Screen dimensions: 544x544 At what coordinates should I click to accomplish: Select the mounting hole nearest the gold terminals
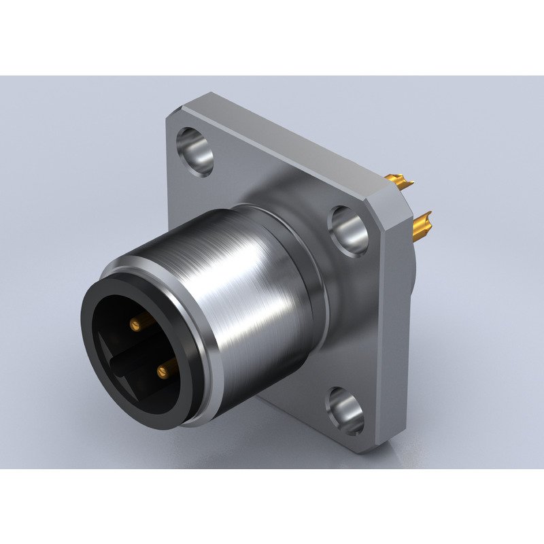[348, 231]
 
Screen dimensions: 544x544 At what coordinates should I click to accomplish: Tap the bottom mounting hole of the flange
[345, 410]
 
